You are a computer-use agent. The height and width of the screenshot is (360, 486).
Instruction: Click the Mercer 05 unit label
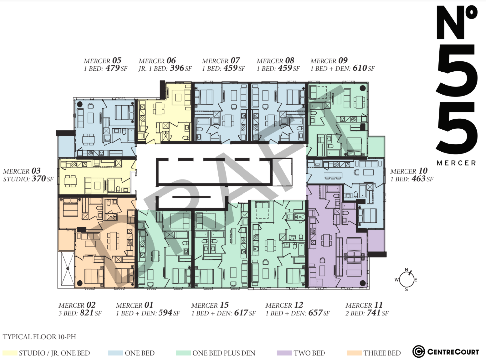102,61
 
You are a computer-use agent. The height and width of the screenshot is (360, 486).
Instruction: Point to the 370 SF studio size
43,179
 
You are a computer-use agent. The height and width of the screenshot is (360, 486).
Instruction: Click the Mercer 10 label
409,171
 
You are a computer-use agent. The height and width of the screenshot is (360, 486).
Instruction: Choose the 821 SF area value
91,313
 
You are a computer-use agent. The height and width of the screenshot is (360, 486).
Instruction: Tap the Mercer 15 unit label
210,305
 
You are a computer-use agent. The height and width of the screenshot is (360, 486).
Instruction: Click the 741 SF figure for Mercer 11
378,313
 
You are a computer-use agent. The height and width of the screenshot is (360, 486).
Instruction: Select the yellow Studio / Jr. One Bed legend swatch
9,353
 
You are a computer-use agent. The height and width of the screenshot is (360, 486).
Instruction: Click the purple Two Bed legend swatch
284,353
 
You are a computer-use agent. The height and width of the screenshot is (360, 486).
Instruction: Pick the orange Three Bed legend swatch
354,353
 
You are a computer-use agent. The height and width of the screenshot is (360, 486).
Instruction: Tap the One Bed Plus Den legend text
224,353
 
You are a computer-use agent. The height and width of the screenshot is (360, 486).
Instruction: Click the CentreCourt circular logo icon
419,352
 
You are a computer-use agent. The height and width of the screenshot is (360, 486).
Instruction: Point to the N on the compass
407,269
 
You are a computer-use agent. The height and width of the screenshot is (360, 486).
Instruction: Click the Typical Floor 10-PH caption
39,337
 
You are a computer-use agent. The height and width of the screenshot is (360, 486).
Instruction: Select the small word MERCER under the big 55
456,163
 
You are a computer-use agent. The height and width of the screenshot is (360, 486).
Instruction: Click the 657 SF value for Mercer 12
319,313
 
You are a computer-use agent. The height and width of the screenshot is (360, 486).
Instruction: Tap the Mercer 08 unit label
275,61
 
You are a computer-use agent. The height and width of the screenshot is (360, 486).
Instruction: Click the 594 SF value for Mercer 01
169,313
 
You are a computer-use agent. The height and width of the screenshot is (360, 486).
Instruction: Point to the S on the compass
406,290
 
